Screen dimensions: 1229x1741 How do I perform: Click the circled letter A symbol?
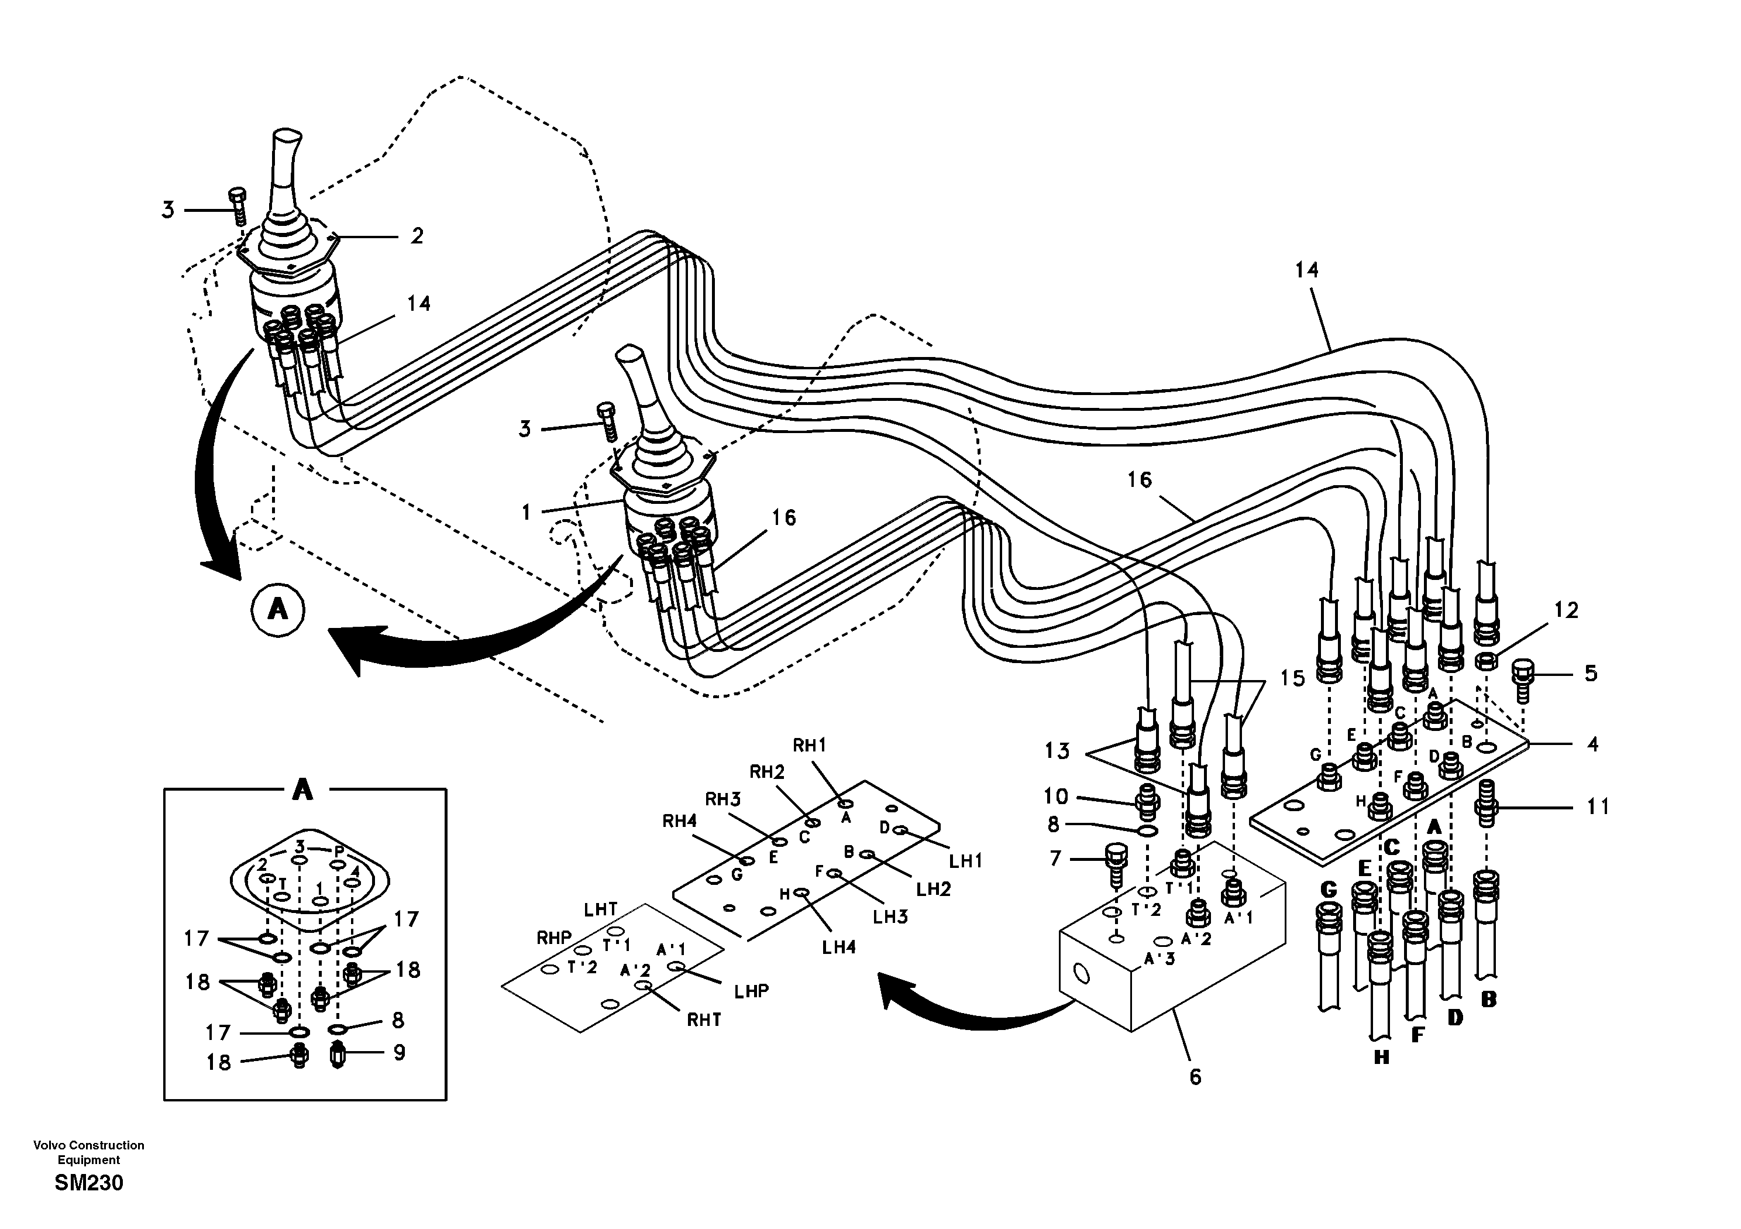click(x=278, y=609)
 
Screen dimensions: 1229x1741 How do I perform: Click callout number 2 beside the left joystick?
click(x=417, y=236)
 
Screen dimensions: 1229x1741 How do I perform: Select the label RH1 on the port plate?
click(x=809, y=746)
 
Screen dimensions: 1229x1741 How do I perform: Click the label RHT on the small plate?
click(x=704, y=1021)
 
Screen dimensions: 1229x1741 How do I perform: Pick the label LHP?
click(x=752, y=991)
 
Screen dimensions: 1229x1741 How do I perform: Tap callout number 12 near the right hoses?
click(x=1566, y=611)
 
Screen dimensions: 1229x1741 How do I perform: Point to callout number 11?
click(x=1598, y=807)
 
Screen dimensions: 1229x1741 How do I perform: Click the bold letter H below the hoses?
click(x=1382, y=1057)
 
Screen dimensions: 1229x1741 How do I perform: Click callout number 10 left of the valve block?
click(x=1057, y=797)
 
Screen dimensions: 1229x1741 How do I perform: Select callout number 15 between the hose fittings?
click(x=1292, y=678)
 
